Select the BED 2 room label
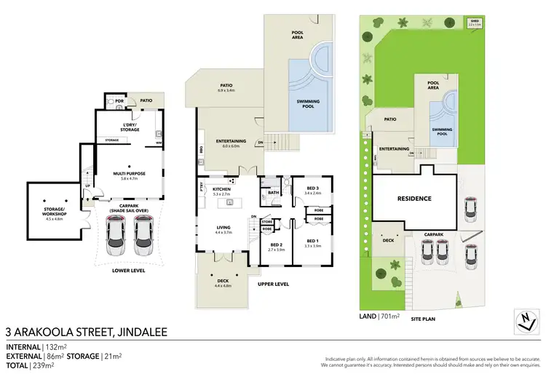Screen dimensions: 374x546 (275, 245)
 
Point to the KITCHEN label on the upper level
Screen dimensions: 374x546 (221, 191)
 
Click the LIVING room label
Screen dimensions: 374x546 (223, 228)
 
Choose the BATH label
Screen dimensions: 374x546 (274, 193)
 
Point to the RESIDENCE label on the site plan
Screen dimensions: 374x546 (414, 199)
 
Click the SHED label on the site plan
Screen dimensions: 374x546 (475, 21)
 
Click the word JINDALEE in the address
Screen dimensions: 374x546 (138, 333)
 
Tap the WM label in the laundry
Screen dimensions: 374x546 (158, 143)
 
